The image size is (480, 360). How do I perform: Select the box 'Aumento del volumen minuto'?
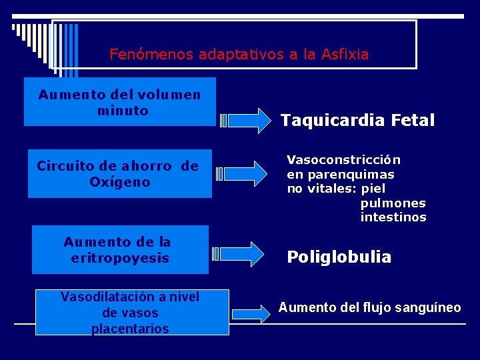[120, 102]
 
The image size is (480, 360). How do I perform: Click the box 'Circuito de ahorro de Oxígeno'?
[119, 173]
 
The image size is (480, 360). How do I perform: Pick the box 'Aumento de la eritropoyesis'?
[120, 249]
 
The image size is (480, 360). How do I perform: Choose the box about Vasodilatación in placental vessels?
[131, 312]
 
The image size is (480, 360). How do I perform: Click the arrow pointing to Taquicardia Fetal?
[245, 121]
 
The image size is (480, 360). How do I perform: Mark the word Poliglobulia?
[339, 257]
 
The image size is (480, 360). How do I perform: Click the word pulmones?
[393, 203]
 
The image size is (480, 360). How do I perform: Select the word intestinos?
[393, 217]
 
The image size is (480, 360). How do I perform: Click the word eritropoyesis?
[120, 258]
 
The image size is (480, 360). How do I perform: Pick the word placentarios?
[130, 329]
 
